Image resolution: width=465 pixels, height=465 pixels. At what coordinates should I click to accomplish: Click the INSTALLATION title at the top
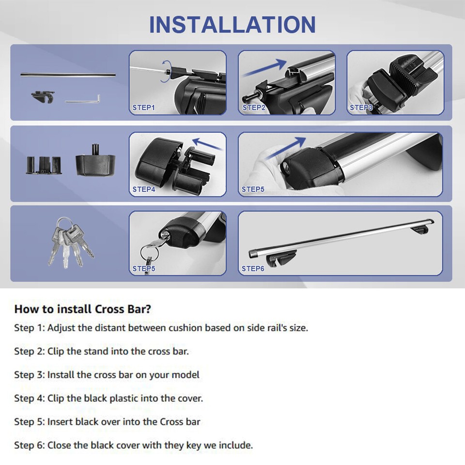coord(232,25)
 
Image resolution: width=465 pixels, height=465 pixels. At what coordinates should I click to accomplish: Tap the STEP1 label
coord(143,108)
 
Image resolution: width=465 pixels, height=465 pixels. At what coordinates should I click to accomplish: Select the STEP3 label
coord(361,108)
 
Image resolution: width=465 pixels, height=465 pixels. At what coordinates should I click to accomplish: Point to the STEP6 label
coord(253,268)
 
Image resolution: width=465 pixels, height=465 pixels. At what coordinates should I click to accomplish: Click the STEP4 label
coord(143,189)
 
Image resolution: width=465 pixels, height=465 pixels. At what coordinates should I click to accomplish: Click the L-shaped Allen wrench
coord(83,100)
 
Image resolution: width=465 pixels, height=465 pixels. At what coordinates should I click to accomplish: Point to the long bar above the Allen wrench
coord(68,75)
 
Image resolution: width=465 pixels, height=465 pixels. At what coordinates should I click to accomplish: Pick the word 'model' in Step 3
coord(186,374)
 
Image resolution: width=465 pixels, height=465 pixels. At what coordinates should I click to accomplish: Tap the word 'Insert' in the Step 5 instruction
coord(60,421)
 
